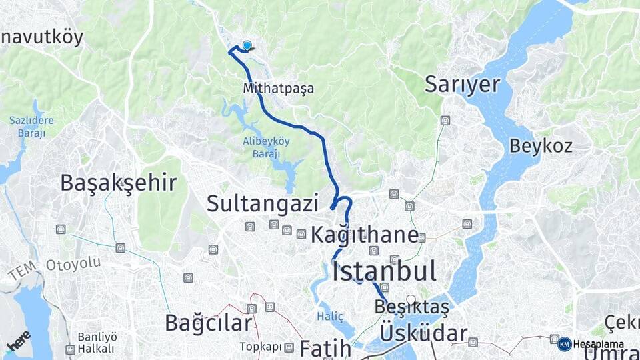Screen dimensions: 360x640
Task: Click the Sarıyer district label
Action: click(462, 85)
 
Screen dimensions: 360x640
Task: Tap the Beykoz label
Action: click(541, 145)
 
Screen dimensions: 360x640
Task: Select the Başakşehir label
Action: click(119, 183)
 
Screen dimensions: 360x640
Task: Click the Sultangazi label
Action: click(262, 203)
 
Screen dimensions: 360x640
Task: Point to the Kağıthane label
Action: click(365, 235)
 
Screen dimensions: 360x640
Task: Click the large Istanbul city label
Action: click(384, 271)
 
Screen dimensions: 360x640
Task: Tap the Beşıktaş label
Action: click(412, 307)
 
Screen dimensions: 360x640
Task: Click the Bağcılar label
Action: click(209, 323)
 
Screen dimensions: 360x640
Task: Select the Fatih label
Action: click(325, 348)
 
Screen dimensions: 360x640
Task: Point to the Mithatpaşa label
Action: click(278, 88)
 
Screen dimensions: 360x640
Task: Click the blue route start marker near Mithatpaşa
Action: click(247, 45)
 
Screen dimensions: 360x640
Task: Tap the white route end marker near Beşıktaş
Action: click(411, 300)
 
